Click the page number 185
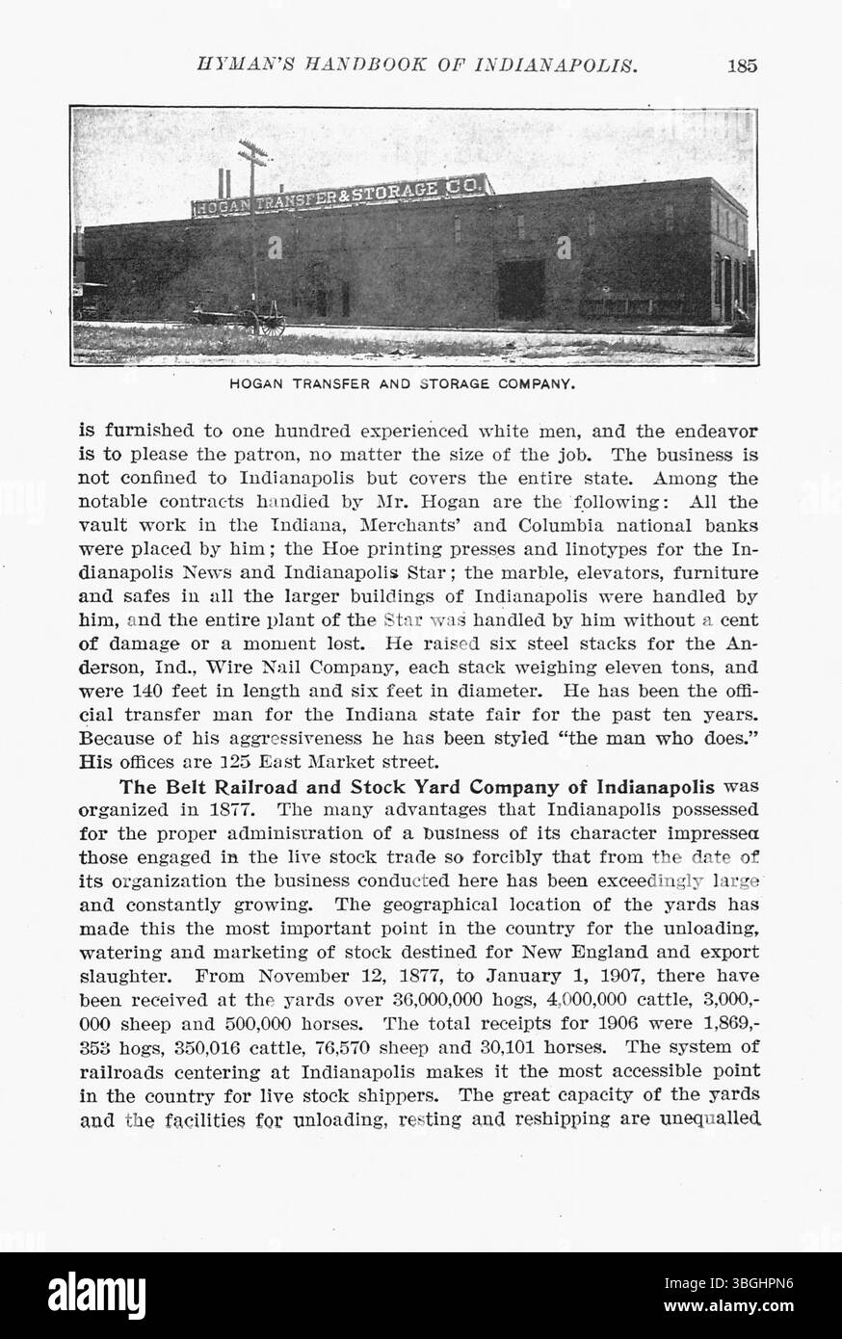[742, 66]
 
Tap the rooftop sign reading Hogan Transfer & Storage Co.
[342, 197]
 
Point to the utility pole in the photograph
[254, 231]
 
